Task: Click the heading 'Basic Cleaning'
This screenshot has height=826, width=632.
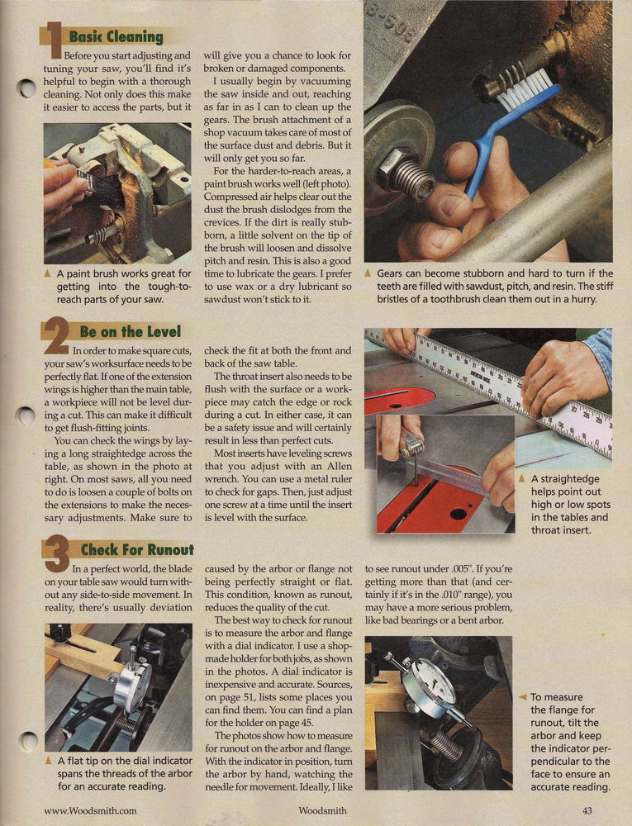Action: click(x=116, y=37)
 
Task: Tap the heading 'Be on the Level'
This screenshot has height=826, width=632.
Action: click(x=130, y=332)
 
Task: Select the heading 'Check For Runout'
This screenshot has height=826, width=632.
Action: click(x=137, y=550)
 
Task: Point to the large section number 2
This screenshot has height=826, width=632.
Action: click(x=56, y=335)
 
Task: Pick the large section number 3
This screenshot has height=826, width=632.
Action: click(x=57, y=553)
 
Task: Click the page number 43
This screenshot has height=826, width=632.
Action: click(x=587, y=811)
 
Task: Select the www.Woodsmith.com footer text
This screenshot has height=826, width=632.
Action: click(x=90, y=811)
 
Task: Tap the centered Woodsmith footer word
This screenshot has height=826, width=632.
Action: click(x=322, y=811)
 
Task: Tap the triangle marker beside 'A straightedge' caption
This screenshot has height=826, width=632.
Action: click(x=522, y=478)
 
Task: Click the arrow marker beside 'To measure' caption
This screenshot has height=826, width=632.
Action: click(x=522, y=697)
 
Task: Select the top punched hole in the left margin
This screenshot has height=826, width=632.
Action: click(x=26, y=88)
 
